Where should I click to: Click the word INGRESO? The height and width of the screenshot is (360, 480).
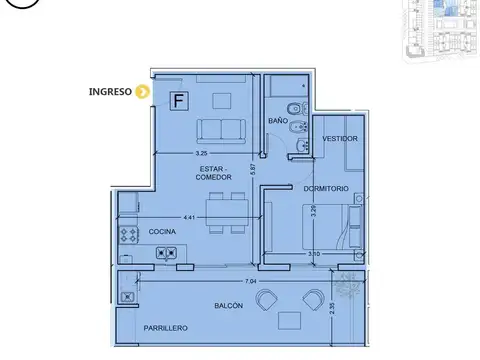pyautogui.click(x=109, y=93)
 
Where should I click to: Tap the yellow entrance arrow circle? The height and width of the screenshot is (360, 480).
pyautogui.click(x=142, y=93)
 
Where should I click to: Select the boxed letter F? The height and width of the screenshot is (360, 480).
pyautogui.click(x=179, y=100)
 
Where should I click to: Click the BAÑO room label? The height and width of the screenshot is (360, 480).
pyautogui.click(x=278, y=121)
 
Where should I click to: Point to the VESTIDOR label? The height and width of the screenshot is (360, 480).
pyautogui.click(x=339, y=138)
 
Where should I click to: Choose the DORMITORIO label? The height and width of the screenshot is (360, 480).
pyautogui.click(x=326, y=187)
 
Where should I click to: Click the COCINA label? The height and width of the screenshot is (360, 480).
pyautogui.click(x=163, y=231)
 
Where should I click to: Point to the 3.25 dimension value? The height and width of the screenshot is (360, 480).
pyautogui.click(x=200, y=153)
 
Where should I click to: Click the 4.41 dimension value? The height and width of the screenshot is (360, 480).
pyautogui.click(x=188, y=217)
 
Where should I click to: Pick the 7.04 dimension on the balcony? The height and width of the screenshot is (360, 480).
pyautogui.click(x=235, y=282)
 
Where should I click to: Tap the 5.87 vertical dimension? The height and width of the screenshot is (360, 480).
pyautogui.click(x=254, y=170)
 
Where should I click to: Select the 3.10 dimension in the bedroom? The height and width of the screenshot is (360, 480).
pyautogui.click(x=314, y=254)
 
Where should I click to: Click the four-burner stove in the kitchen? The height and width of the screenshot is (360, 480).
pyautogui.click(x=129, y=237)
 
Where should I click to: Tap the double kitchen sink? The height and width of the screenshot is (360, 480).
pyautogui.click(x=167, y=254)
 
